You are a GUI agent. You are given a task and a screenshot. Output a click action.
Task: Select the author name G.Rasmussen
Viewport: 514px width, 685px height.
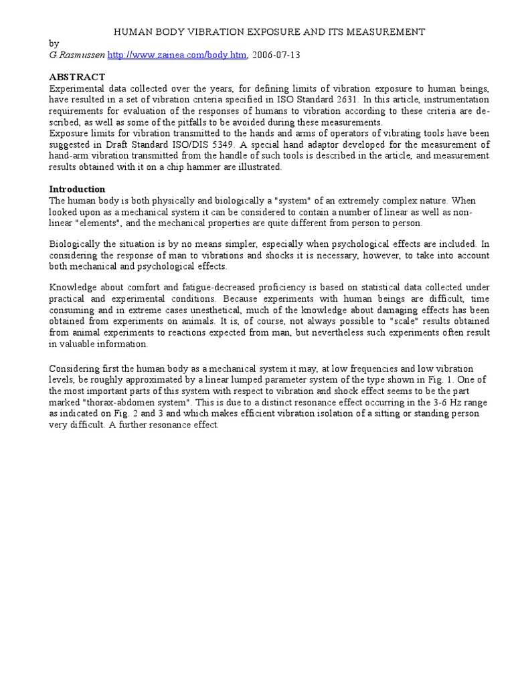pyautogui.click(x=77, y=55)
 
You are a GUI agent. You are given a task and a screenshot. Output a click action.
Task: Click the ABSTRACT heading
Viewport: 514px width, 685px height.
pyautogui.click(x=77, y=77)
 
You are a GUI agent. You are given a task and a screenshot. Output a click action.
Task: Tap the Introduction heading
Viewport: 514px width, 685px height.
pyautogui.click(x=78, y=189)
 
